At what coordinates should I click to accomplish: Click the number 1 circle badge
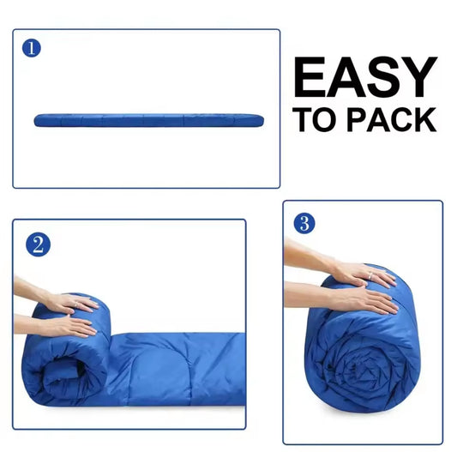32,48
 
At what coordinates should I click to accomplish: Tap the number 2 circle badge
39,244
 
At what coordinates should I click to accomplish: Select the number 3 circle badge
304,223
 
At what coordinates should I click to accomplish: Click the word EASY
366,77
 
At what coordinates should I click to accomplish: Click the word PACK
392,119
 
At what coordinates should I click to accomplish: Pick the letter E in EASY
310,77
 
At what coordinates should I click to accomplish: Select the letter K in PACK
425,119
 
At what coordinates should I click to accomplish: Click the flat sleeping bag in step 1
149,120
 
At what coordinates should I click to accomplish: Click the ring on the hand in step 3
370,275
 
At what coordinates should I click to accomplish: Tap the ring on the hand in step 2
76,304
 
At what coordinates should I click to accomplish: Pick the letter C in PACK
400,119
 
